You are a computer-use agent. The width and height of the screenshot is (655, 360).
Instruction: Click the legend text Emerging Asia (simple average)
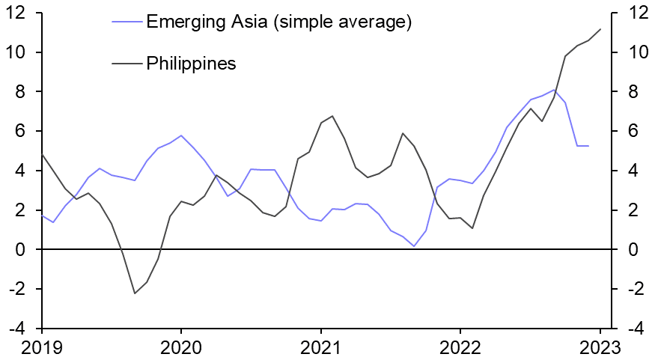279,22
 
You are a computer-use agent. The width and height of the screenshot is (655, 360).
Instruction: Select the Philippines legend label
192,63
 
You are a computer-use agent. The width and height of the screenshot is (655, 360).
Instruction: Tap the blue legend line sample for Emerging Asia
127,22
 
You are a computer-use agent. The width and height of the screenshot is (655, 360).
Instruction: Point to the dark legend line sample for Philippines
127,63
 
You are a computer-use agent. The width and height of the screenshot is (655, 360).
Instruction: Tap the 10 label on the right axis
627,52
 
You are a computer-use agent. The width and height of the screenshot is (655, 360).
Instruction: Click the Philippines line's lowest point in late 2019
135,293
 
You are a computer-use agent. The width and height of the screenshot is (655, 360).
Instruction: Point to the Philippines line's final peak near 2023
600,29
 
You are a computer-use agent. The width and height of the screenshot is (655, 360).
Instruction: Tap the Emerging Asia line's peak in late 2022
553,90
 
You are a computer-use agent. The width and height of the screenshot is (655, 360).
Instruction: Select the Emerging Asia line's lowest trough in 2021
414,245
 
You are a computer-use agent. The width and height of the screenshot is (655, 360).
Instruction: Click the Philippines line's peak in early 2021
332,116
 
